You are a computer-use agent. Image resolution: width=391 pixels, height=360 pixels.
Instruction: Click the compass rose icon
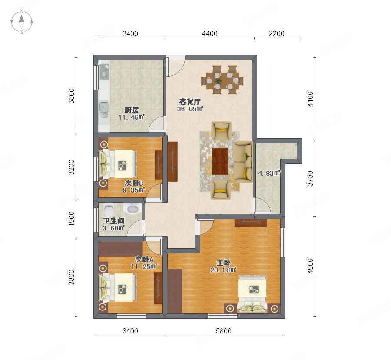(x=22, y=22)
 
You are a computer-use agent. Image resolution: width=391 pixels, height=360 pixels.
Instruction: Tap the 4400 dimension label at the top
(x=210, y=33)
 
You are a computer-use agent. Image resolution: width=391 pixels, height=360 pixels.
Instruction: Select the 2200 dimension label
(x=277, y=33)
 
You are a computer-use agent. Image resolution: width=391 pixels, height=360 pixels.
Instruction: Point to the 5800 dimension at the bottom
(x=224, y=331)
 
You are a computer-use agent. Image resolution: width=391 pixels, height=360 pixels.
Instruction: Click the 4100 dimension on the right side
(x=310, y=99)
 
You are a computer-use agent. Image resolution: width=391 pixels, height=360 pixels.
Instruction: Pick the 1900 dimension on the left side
(x=71, y=219)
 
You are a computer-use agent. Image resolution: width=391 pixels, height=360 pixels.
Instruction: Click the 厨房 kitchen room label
(x=131, y=110)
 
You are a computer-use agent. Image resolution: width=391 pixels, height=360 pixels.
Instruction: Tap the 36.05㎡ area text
(x=190, y=109)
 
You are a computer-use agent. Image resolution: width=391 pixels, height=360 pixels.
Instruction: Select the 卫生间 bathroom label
(x=114, y=221)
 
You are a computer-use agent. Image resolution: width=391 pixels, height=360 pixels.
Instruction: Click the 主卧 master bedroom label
(x=223, y=263)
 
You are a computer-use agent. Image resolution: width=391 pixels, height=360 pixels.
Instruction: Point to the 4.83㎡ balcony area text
(x=269, y=173)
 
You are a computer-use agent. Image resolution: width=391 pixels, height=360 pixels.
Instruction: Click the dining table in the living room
(x=223, y=80)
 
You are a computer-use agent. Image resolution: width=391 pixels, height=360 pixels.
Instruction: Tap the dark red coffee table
(x=220, y=161)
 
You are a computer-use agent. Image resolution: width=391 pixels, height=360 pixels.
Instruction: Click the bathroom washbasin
(x=133, y=209)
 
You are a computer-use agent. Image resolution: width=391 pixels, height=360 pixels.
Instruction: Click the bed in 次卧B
(x=118, y=163)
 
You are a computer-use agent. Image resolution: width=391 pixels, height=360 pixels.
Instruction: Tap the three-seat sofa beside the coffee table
(x=244, y=162)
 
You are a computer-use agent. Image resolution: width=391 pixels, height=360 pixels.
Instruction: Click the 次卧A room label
(x=144, y=259)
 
